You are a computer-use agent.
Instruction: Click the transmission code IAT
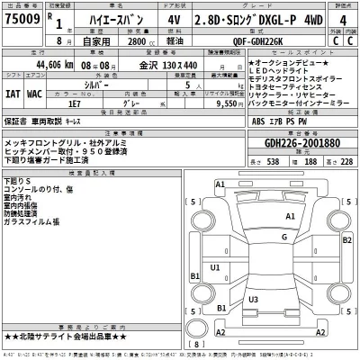pos(13,93)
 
